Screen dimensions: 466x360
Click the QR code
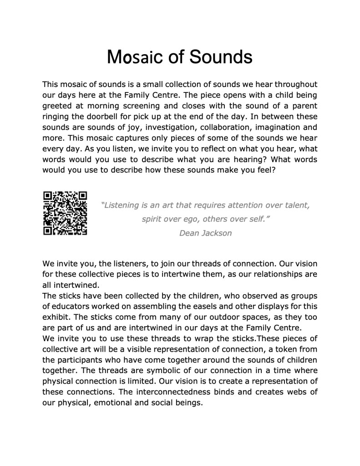click(x=65, y=213)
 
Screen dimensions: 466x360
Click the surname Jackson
click(x=217, y=233)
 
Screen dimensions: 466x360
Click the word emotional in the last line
click(x=112, y=403)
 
